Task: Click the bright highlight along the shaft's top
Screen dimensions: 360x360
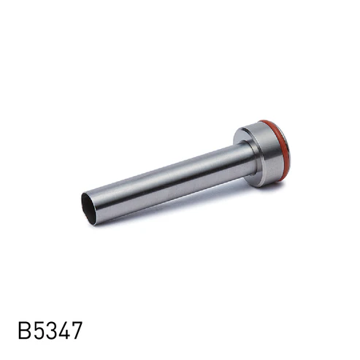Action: (168, 169)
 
